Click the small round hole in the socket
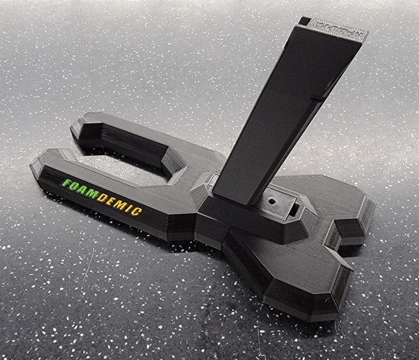271,201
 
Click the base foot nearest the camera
299,299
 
